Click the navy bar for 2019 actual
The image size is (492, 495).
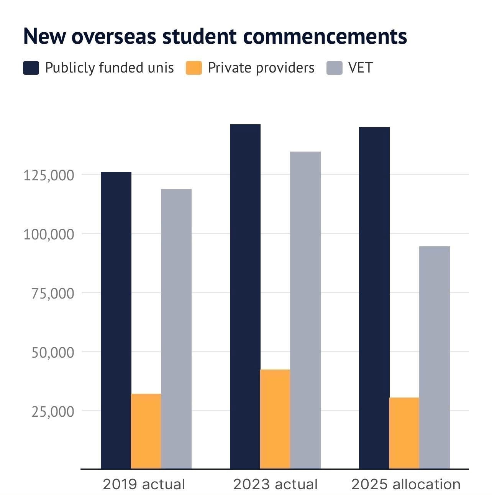116,320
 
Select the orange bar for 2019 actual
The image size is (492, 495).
146,431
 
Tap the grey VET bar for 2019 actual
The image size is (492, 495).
176,329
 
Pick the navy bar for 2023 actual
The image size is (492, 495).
245,296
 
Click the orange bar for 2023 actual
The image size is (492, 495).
275,419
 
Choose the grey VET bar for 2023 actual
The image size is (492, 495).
305,310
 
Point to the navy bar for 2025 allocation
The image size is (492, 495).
374,298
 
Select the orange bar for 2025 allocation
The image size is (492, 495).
404,433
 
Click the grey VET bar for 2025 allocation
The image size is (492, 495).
435,357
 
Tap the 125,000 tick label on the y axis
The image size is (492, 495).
49,175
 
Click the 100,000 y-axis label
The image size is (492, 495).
49,234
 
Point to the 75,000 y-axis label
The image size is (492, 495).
52,293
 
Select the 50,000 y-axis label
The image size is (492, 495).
52,352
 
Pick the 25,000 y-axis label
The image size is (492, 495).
52,411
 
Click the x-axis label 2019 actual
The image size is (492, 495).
144,484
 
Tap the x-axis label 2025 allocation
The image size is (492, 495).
406,484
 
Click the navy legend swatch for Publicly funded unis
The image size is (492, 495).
31,68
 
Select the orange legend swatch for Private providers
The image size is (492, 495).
194,68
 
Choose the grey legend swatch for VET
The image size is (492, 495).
334,68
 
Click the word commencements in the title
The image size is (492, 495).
325,36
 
